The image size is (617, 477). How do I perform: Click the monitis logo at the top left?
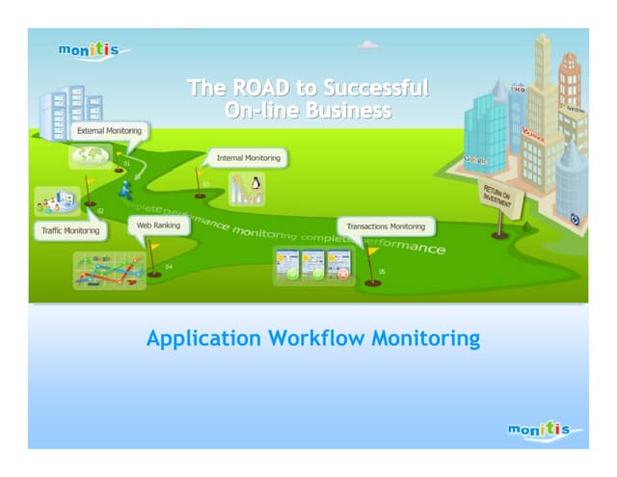click(92, 50)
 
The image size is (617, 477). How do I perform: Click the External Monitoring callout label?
click(109, 131)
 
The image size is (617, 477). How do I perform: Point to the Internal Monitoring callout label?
click(248, 157)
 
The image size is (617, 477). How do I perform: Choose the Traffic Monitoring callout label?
click(69, 231)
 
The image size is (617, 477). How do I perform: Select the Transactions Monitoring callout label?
click(386, 226)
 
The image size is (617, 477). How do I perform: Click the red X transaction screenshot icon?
click(338, 263)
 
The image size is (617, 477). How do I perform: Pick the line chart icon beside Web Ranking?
click(108, 270)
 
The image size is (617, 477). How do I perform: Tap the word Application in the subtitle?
click(203, 339)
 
